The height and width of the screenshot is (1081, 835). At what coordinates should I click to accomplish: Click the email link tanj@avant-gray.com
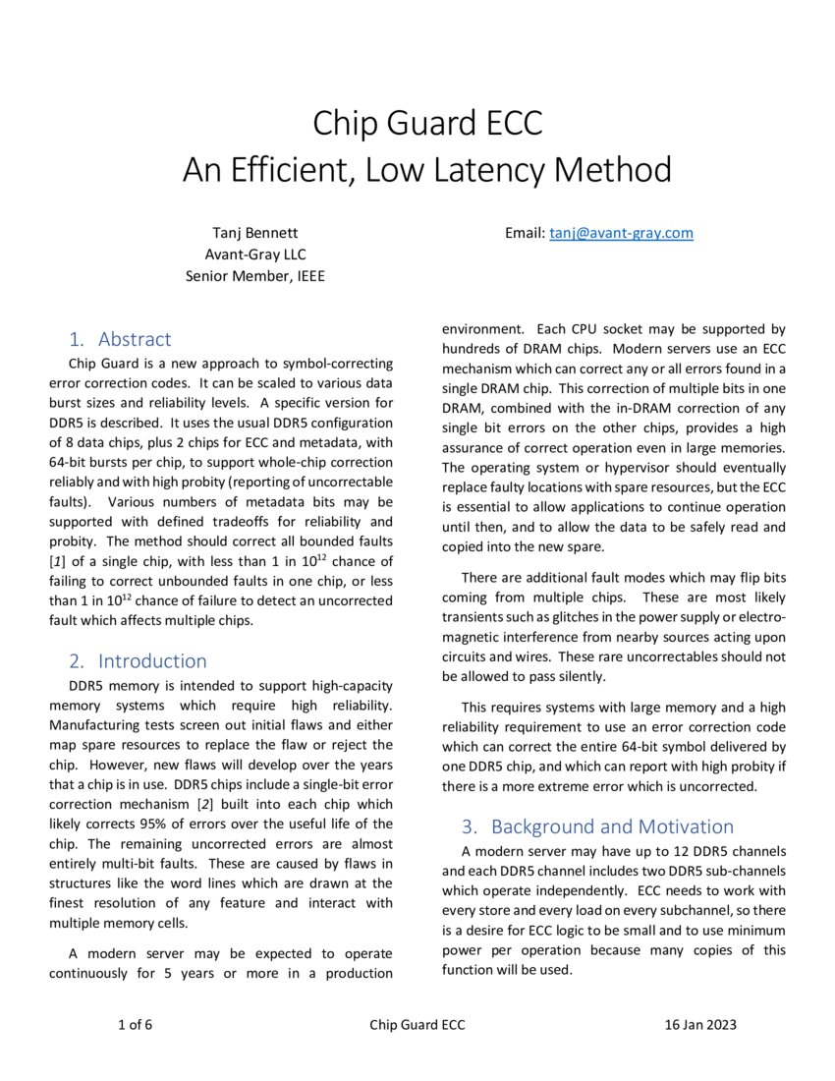[x=621, y=233]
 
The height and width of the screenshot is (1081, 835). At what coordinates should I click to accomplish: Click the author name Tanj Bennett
[x=255, y=233]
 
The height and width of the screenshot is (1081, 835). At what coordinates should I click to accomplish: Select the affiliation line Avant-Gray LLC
[x=255, y=255]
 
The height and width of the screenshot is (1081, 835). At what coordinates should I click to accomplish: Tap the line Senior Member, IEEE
[x=255, y=276]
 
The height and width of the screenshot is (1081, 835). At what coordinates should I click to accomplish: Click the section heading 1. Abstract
[x=120, y=339]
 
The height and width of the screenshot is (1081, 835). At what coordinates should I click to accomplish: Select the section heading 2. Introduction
[x=138, y=660]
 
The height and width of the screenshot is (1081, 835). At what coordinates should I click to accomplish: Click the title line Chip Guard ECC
[x=427, y=124]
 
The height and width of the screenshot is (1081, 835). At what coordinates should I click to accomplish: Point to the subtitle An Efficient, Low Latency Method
[x=427, y=170]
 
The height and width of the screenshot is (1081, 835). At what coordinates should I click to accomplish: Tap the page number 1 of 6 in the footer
[x=135, y=1025]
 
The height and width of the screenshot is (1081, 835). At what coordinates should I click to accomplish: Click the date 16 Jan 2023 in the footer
[x=700, y=1025]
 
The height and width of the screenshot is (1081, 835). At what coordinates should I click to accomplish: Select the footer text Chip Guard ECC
[x=417, y=1025]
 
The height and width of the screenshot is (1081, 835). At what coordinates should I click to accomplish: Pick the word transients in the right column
[x=477, y=617]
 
